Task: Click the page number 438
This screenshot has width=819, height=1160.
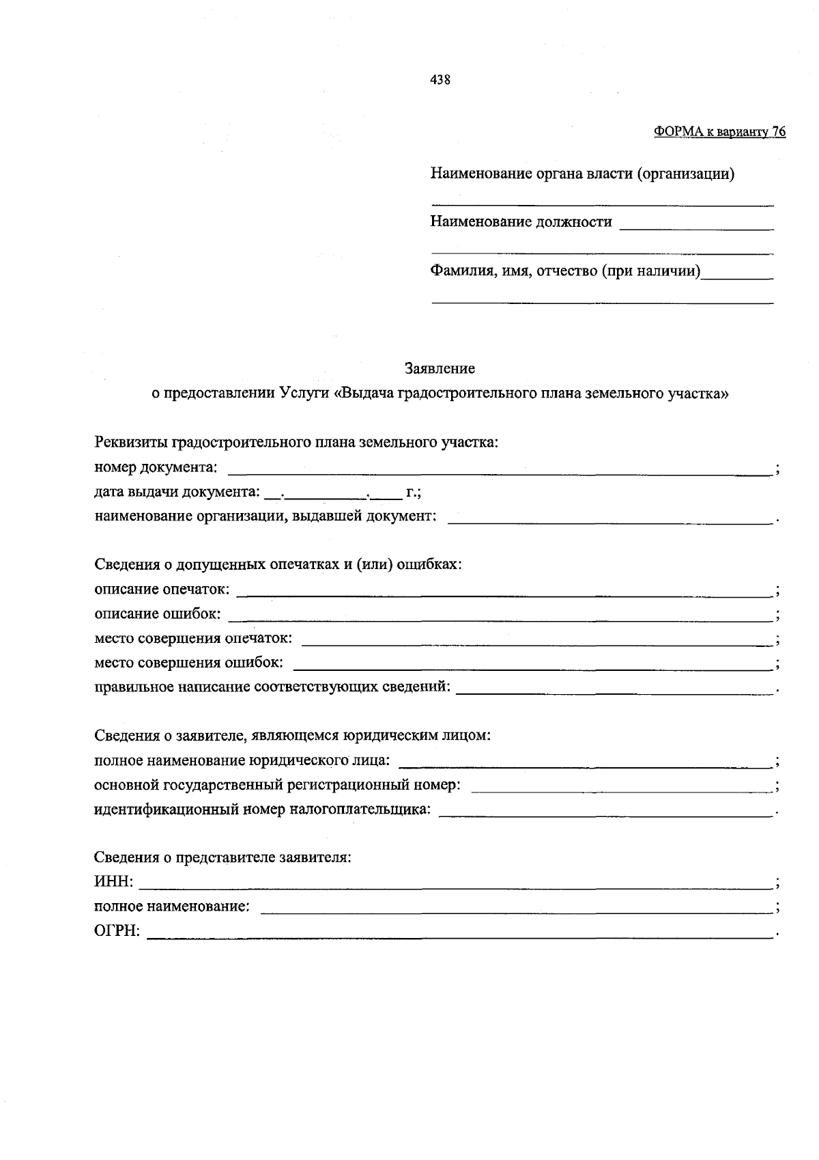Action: [x=440, y=80]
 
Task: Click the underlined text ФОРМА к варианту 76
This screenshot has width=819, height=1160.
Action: [x=719, y=132]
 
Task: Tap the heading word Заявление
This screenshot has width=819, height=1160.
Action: [x=440, y=369]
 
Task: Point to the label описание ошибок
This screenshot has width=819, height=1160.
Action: [x=158, y=614]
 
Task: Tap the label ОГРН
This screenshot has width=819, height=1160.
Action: [x=117, y=932]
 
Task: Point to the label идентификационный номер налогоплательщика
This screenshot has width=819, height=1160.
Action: [x=262, y=810]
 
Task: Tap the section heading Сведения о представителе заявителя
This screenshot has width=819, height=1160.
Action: [x=222, y=857]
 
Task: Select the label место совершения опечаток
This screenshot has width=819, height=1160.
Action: [x=193, y=639]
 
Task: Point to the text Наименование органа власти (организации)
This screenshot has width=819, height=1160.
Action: [x=582, y=174]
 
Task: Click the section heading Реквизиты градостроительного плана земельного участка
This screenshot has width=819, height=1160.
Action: [x=296, y=443]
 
